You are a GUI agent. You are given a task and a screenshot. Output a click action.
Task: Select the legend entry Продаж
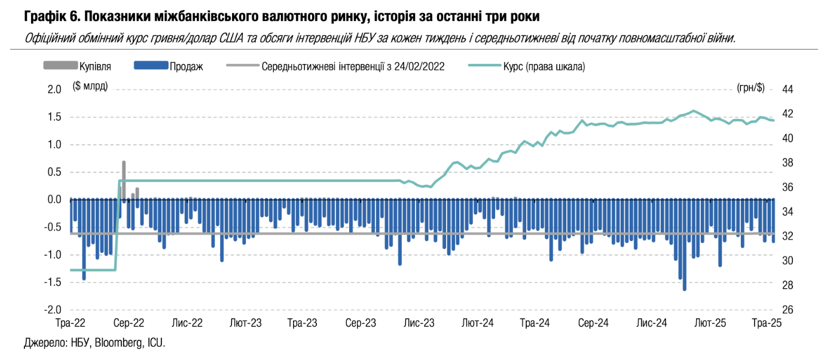[x=186, y=66]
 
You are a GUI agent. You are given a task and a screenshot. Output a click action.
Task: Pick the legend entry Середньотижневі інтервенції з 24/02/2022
[x=353, y=66]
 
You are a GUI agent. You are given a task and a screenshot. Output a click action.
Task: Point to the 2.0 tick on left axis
[x=54, y=90]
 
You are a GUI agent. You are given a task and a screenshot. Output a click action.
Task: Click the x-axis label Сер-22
[x=129, y=323]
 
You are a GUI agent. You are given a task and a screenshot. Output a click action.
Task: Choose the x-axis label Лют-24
[x=477, y=323]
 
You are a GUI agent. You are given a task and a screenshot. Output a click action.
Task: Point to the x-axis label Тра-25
[x=767, y=323]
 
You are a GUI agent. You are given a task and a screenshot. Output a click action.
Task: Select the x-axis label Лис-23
[x=419, y=323]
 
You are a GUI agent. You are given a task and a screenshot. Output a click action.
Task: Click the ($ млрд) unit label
[x=90, y=86]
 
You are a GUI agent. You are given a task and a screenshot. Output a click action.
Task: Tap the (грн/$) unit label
[x=750, y=88]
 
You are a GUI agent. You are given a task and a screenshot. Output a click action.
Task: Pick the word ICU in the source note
[x=155, y=343]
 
